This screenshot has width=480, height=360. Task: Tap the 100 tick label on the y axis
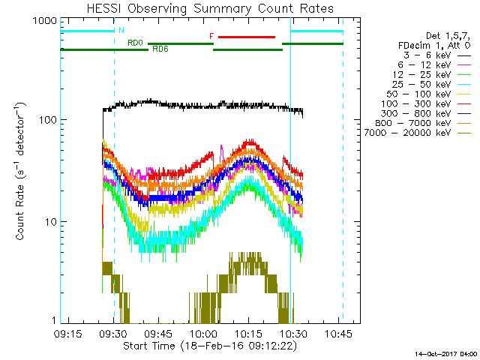[x=46, y=120]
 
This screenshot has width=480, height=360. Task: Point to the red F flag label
[x=211, y=36]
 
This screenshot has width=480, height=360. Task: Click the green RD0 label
[x=136, y=43]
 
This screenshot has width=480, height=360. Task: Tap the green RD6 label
[x=160, y=49]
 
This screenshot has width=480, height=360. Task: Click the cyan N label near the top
[x=121, y=30]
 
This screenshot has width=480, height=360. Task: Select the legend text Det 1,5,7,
[x=448, y=35]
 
